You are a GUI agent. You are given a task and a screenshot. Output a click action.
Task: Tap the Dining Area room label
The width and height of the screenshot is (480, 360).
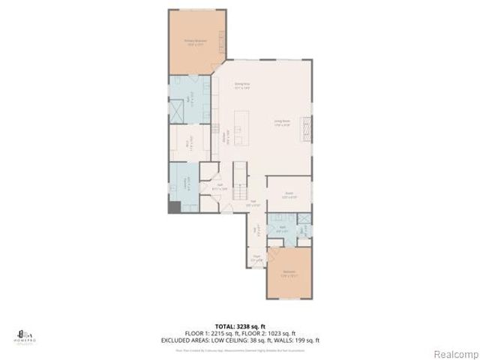241,85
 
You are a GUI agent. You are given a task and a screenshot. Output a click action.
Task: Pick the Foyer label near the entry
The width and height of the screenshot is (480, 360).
256,258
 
